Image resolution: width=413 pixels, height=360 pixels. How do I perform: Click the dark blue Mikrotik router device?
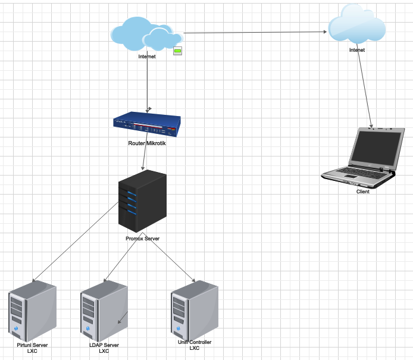pyautogui.click(x=147, y=124)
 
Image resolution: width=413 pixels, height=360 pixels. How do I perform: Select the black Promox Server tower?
pyautogui.click(x=142, y=201)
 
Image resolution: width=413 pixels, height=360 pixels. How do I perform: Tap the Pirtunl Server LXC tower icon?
pyautogui.click(x=32, y=311)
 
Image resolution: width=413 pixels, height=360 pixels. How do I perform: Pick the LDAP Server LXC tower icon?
pyautogui.click(x=104, y=311)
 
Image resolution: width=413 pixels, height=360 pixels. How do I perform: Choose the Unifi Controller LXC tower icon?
pyautogui.click(x=195, y=311)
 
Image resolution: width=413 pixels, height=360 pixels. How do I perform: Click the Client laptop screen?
pyautogui.click(x=377, y=148)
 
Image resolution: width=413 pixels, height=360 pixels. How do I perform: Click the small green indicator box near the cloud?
pyautogui.click(x=177, y=51)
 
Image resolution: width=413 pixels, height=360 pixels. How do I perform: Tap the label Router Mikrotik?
pyautogui.click(x=147, y=143)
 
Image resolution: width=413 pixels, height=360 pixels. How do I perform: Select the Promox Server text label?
pyautogui.click(x=142, y=239)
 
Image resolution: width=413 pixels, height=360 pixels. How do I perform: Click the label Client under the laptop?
pyautogui.click(x=362, y=192)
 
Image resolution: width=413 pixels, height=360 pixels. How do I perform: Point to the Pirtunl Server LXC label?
pyautogui.click(x=32, y=348)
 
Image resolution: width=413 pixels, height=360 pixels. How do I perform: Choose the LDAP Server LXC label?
pyautogui.click(x=104, y=348)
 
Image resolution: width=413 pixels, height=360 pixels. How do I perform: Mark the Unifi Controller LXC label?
pyautogui.click(x=195, y=345)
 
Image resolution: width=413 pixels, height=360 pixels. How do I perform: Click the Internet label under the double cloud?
pyautogui.click(x=147, y=57)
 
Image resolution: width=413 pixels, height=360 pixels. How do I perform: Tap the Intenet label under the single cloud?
pyautogui.click(x=357, y=50)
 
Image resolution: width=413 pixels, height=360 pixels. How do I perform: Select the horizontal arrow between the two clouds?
pyautogui.click(x=255, y=32)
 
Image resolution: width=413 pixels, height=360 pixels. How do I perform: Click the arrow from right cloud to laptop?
pyautogui.click(x=365, y=86)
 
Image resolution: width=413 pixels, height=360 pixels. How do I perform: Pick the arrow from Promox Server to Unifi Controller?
pyautogui.click(x=169, y=257)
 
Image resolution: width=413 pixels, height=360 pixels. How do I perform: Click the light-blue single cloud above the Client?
pyautogui.click(x=357, y=24)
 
